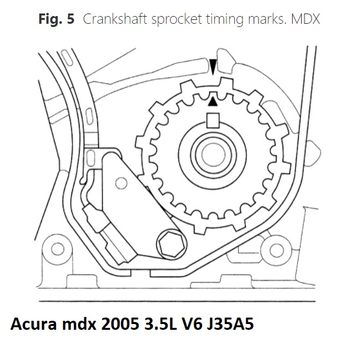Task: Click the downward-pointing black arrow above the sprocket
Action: point(213,66)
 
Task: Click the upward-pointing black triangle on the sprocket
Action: point(212,102)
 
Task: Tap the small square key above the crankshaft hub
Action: point(213,121)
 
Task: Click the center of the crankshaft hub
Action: point(213,154)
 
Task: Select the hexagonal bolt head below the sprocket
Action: point(172,244)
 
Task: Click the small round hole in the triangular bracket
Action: point(121,183)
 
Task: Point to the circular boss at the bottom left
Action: point(57,249)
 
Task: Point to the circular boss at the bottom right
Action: point(276,250)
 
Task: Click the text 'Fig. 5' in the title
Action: point(57,19)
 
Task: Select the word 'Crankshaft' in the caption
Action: point(115,19)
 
